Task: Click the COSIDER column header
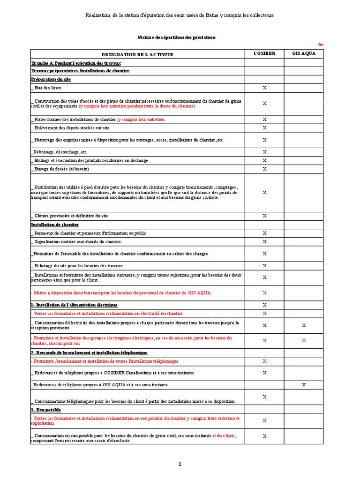point(264,53)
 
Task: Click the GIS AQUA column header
point(304,53)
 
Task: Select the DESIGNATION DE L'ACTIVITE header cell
point(137,54)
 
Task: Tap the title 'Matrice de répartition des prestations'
point(177,37)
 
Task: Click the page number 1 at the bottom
point(180,464)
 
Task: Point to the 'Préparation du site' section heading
point(51,79)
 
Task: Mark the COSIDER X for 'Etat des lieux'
point(264,88)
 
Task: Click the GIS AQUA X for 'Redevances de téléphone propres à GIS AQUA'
point(304,384)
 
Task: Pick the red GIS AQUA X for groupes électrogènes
point(304,340)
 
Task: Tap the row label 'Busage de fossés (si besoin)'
point(61,169)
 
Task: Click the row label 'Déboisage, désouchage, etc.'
point(60,152)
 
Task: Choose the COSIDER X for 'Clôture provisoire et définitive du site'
point(264,216)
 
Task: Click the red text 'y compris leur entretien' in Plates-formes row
point(141,120)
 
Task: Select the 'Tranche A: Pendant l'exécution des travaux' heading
point(76,62)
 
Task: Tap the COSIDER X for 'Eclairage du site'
point(264,265)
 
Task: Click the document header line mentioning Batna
point(180,15)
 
